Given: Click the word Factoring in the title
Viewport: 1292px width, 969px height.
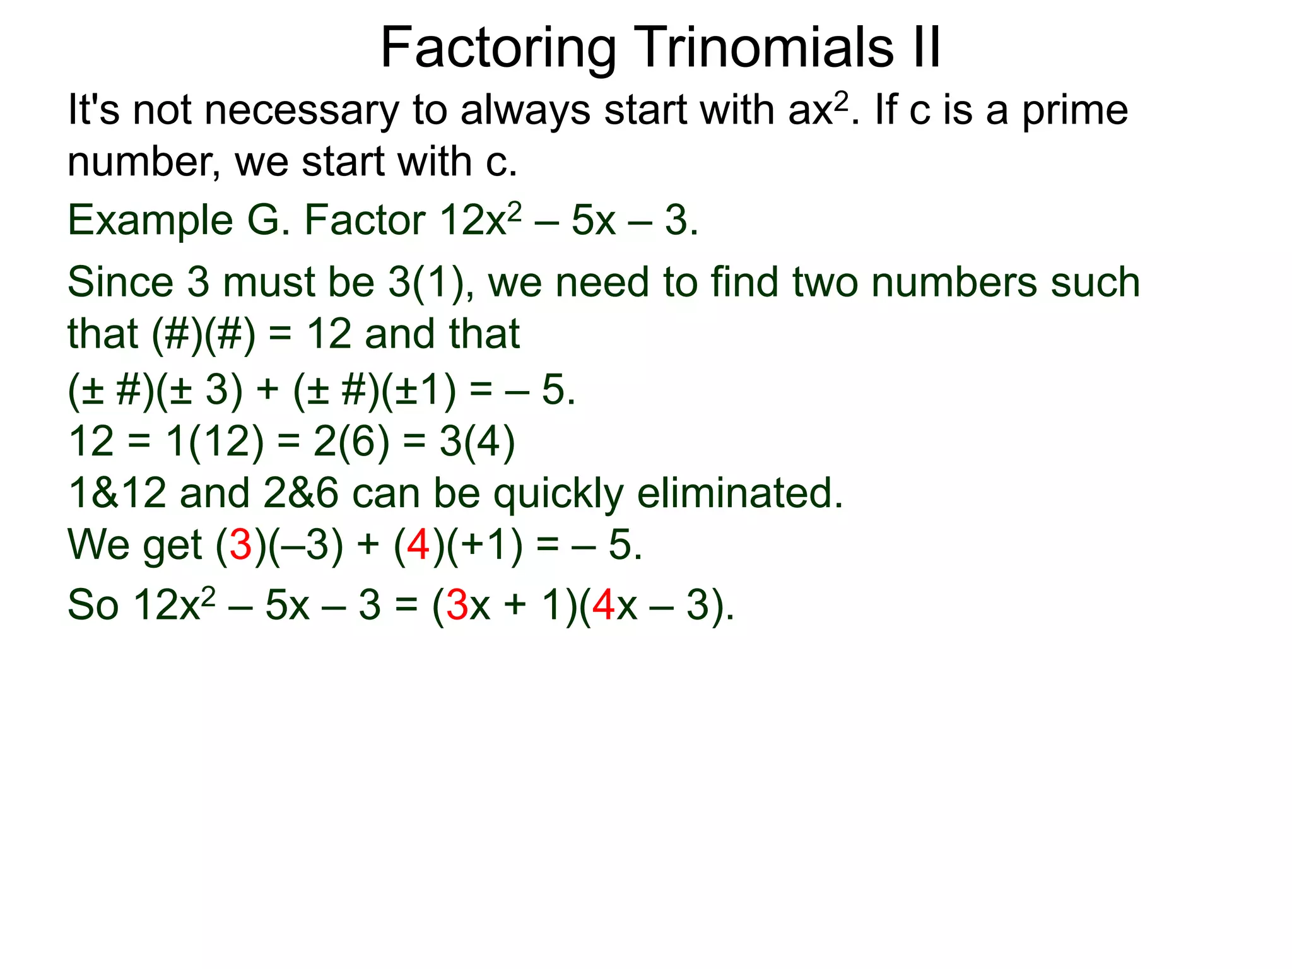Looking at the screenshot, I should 498,48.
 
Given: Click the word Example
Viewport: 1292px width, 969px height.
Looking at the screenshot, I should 150,221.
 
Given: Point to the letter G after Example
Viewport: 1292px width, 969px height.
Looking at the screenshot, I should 266,220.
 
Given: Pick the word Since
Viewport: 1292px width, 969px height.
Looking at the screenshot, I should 120,282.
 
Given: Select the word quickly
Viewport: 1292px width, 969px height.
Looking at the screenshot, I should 558,494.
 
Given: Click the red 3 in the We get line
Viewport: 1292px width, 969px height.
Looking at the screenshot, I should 240,545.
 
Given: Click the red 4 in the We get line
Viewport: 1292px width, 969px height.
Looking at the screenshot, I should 418,545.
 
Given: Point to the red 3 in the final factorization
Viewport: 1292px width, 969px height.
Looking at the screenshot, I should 457,606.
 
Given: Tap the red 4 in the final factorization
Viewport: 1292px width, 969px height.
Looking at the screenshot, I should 604,606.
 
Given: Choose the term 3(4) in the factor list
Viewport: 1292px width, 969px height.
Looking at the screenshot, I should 478,442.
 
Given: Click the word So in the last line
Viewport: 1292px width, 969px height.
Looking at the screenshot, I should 93,606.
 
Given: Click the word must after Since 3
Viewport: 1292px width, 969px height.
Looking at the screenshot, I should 268,282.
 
